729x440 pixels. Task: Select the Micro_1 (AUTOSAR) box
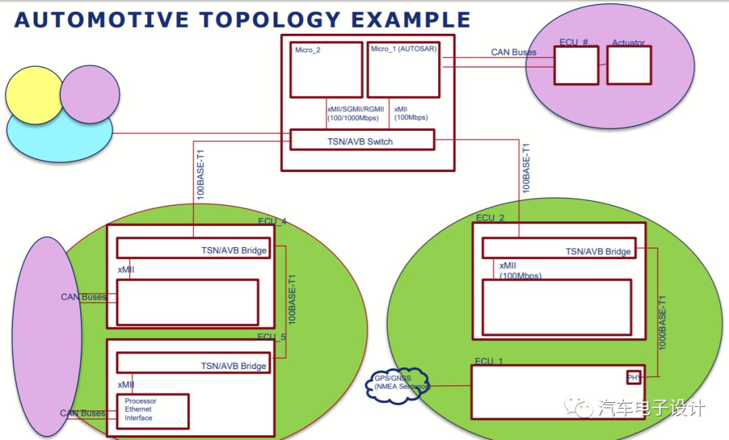click(x=403, y=70)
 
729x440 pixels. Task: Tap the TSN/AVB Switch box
click(x=362, y=140)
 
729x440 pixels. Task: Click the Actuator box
click(x=629, y=65)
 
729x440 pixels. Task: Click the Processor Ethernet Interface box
click(x=153, y=411)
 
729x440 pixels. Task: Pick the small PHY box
click(x=634, y=377)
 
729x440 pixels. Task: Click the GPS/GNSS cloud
click(x=398, y=385)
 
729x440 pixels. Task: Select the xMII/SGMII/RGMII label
click(x=352, y=109)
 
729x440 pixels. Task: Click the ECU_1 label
click(x=489, y=362)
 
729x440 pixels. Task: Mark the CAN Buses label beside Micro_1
click(x=514, y=52)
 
